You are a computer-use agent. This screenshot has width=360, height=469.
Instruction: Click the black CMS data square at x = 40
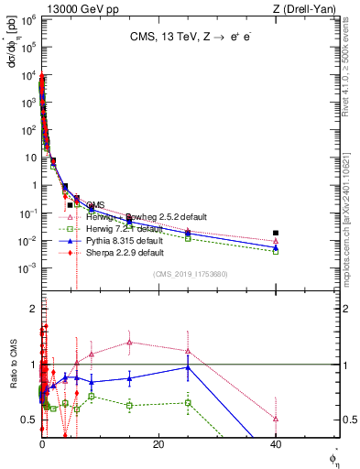(276, 233)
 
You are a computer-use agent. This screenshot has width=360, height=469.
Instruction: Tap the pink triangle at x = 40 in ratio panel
(276, 419)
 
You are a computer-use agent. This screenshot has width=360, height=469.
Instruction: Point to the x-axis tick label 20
(158, 444)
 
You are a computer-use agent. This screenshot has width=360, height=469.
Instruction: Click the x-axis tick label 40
(276, 444)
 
